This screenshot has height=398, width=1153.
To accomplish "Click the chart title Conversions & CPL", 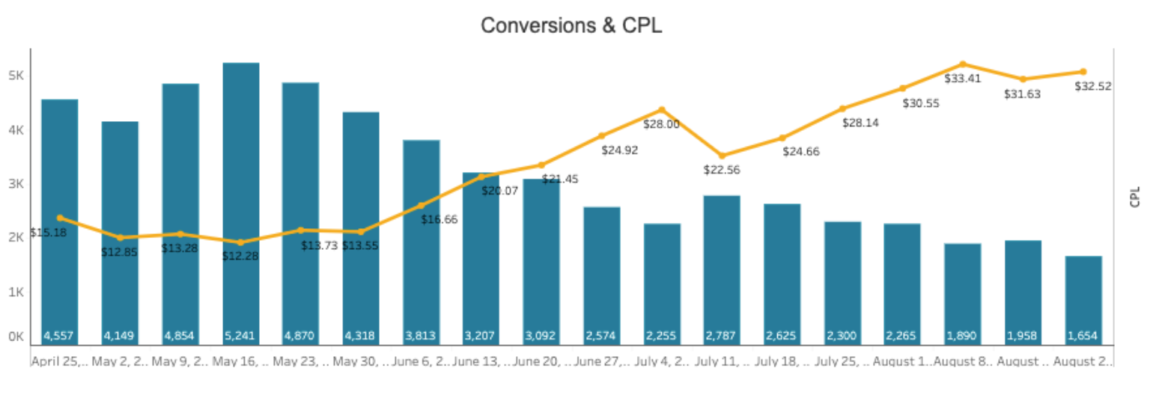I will tap(571, 25).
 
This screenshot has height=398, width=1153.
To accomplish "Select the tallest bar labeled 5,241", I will tap(241, 202).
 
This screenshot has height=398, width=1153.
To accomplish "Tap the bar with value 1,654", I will tap(1083, 299).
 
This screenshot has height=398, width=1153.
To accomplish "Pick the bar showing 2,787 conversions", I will tap(722, 269).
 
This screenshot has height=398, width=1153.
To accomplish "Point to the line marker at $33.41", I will tap(963, 64).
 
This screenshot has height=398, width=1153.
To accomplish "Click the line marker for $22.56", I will tap(722, 156).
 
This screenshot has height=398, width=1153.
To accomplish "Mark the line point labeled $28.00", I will tap(662, 110).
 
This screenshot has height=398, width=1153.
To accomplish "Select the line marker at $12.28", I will tap(240, 242).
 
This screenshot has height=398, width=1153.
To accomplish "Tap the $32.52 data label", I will tap(1092, 86).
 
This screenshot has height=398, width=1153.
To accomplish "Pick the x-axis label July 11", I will tap(722, 362).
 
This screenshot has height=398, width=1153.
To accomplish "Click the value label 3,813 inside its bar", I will tap(421, 336).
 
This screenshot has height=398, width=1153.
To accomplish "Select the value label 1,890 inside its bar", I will tap(962, 336).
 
